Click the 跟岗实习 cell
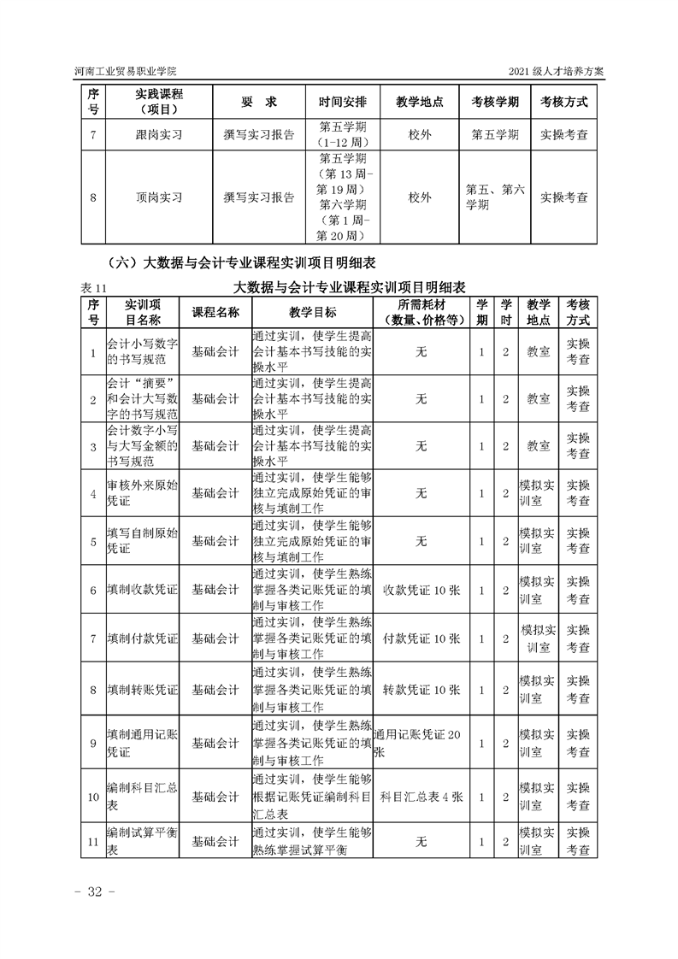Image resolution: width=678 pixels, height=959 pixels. (159, 134)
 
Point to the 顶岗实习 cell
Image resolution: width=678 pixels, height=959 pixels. (159, 197)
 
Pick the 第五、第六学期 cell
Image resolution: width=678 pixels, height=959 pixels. (494, 197)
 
